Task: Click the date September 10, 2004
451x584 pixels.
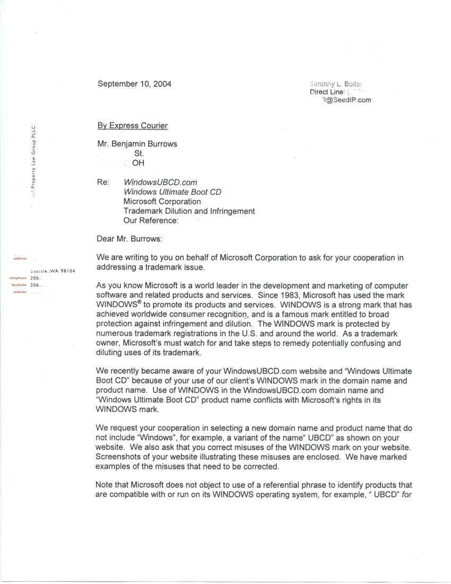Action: (134, 84)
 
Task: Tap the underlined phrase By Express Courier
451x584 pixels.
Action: (132, 126)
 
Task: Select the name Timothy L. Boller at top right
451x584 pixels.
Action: (336, 84)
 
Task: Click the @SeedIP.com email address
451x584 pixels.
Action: (346, 100)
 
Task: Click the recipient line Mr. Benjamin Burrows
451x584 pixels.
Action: (137, 144)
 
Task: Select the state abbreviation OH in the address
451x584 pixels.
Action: (138, 163)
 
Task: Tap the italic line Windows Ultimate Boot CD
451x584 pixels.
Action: (172, 192)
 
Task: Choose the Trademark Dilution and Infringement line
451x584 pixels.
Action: (189, 211)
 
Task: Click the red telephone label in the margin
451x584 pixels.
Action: (18, 278)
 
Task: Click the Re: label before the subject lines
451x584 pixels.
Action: (103, 183)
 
